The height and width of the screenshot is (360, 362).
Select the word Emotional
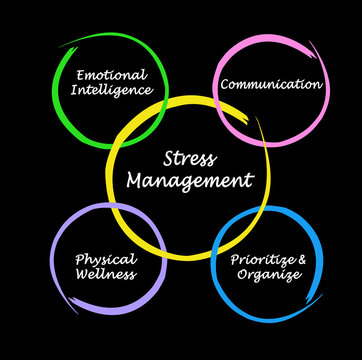point(110,74)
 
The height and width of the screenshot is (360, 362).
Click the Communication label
point(271,84)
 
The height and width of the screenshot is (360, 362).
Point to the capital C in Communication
point(224,84)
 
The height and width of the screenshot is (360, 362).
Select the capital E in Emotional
point(78,74)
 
